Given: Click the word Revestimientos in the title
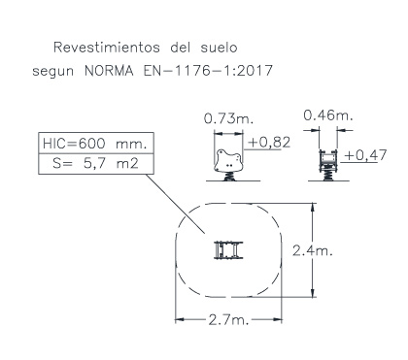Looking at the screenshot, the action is coord(107,48).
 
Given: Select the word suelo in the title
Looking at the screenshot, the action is coord(219,48).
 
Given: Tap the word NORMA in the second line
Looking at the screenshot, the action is coord(109,71).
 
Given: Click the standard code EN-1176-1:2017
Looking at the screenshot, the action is coord(208,71).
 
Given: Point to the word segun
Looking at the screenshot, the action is coord(53,72).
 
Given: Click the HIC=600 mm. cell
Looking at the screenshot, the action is coord(96,143).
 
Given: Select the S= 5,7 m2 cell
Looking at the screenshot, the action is coord(96,164).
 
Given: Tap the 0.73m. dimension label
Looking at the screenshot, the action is coord(228,119).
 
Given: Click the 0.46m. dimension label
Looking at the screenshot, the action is coord(328,115).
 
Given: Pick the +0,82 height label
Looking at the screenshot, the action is coord(269,143).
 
